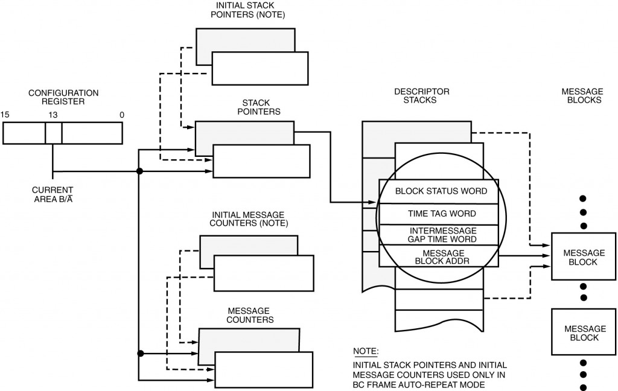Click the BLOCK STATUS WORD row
tap(438, 191)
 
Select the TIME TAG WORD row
tap(438, 214)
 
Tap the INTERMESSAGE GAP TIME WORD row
tap(438, 235)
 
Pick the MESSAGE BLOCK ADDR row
tap(438, 256)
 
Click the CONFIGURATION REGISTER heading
tap(63, 97)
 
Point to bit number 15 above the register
tap(5, 115)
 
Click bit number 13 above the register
tap(53, 115)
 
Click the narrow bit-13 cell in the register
tap(53, 133)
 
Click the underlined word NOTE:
tap(366, 351)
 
